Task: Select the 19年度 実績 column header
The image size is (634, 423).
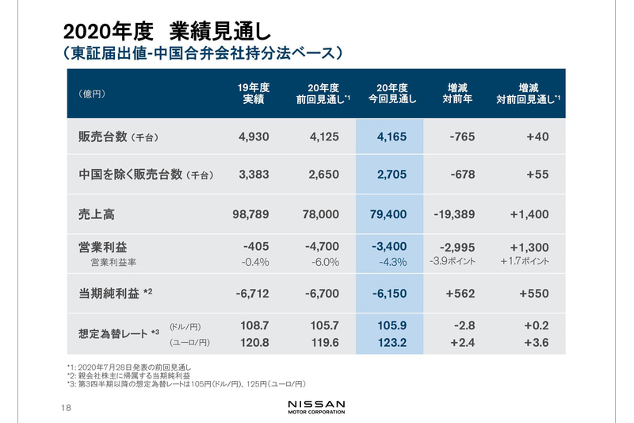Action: [254, 94]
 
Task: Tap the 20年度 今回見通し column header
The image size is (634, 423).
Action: [391, 94]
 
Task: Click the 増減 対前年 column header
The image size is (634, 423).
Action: [458, 94]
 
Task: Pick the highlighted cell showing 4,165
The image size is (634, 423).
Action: [391, 137]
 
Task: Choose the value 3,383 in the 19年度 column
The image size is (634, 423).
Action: [254, 175]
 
